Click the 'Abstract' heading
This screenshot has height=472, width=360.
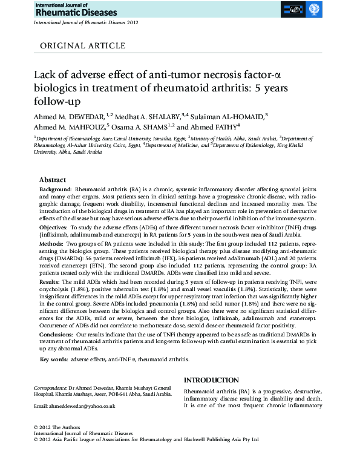[53, 180]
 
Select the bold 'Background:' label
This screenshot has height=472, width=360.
[56, 189]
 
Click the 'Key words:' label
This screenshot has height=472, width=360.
[53, 359]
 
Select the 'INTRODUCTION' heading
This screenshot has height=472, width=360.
[211, 380]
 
